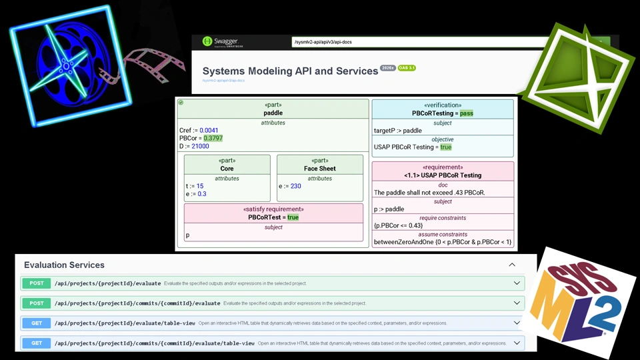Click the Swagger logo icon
click(207, 42)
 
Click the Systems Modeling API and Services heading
click(290, 71)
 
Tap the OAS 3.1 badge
click(407, 68)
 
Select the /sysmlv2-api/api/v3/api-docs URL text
click(323, 43)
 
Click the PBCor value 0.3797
click(213, 138)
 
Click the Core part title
click(227, 169)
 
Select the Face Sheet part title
click(319, 169)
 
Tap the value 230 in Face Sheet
click(295, 186)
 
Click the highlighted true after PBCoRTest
click(293, 217)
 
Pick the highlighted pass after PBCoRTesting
click(466, 113)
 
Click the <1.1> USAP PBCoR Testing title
click(443, 175)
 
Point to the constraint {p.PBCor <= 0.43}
click(398, 225)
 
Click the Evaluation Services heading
click(64, 265)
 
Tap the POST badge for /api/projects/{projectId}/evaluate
click(37, 283)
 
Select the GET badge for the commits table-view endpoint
click(37, 343)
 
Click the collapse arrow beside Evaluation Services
click(512, 265)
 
